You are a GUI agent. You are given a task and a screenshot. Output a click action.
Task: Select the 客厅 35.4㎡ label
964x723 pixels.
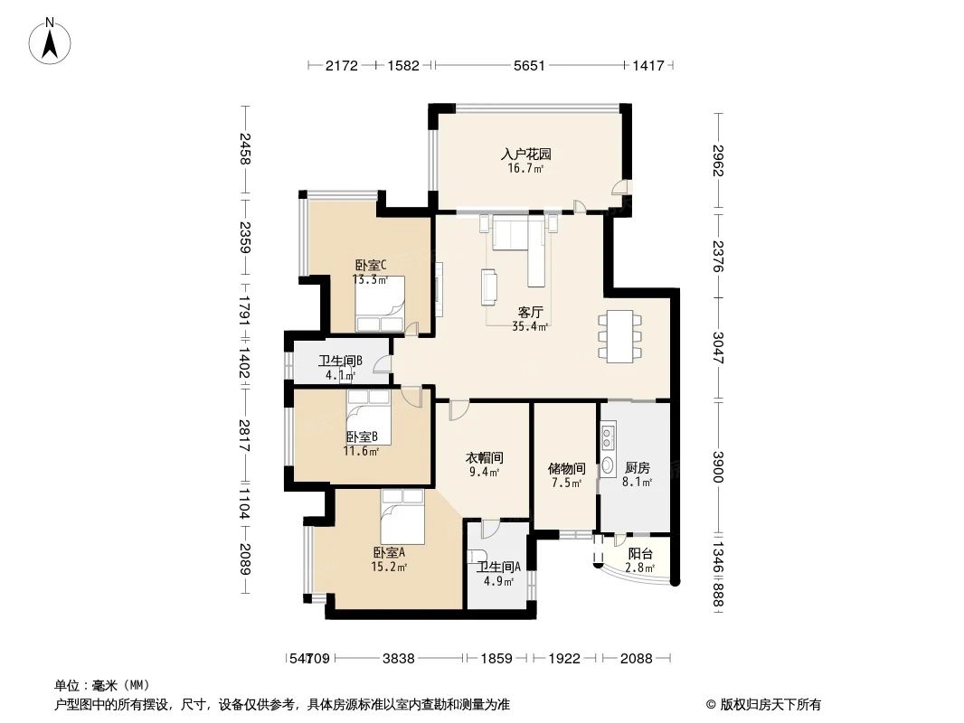530,319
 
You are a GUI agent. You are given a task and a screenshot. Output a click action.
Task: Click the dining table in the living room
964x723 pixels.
619,336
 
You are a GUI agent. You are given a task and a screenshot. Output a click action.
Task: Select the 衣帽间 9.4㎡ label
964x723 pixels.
483,465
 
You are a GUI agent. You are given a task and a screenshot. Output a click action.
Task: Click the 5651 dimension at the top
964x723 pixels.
528,65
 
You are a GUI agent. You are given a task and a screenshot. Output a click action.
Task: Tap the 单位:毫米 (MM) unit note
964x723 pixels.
102,685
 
